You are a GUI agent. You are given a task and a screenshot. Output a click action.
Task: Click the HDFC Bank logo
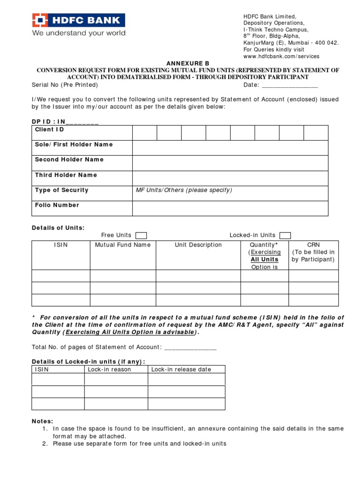point(78,20)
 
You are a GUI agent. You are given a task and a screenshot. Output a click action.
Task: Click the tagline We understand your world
point(78,33)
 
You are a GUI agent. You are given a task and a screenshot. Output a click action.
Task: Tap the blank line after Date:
point(290,85)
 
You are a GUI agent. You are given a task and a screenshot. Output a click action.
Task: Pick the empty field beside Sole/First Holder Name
point(230,148)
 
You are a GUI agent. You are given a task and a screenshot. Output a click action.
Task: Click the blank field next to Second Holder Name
point(230,163)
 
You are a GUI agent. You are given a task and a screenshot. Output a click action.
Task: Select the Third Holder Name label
point(66,175)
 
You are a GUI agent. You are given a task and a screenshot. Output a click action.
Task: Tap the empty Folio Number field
point(230,208)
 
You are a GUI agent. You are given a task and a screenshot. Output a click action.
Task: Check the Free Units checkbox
point(141,235)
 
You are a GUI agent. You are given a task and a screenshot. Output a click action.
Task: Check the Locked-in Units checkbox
point(285,235)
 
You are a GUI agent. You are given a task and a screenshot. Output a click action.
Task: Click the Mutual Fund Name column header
point(123,245)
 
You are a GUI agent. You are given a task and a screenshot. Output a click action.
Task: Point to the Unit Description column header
point(198,245)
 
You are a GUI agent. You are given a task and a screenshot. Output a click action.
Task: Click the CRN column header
point(313,245)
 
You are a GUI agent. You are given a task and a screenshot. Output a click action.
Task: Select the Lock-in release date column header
point(181,369)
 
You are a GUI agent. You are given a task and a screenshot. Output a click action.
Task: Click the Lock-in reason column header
point(110,369)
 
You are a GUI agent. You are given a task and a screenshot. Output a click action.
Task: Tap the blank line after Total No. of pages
point(190,347)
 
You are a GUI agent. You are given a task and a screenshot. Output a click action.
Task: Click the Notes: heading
point(42,421)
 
